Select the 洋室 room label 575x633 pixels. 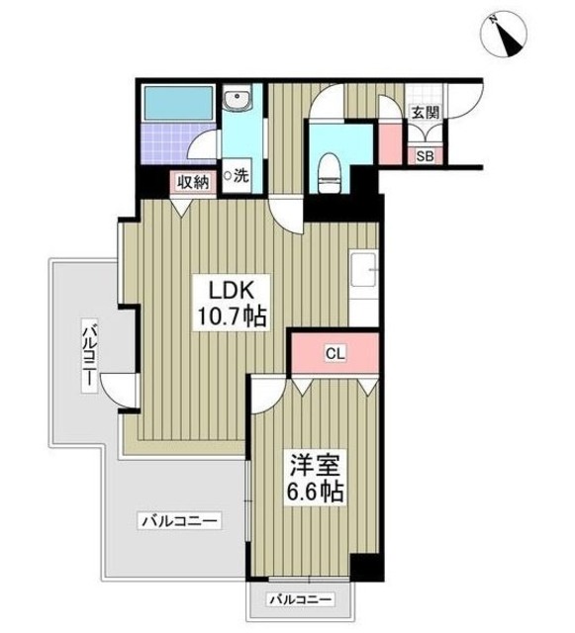tap(312, 463)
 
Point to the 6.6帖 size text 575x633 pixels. tap(314, 492)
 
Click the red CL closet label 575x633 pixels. tap(334, 353)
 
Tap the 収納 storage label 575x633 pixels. tap(193, 181)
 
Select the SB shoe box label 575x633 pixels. tap(425, 155)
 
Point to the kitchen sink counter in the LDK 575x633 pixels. tap(362, 277)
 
